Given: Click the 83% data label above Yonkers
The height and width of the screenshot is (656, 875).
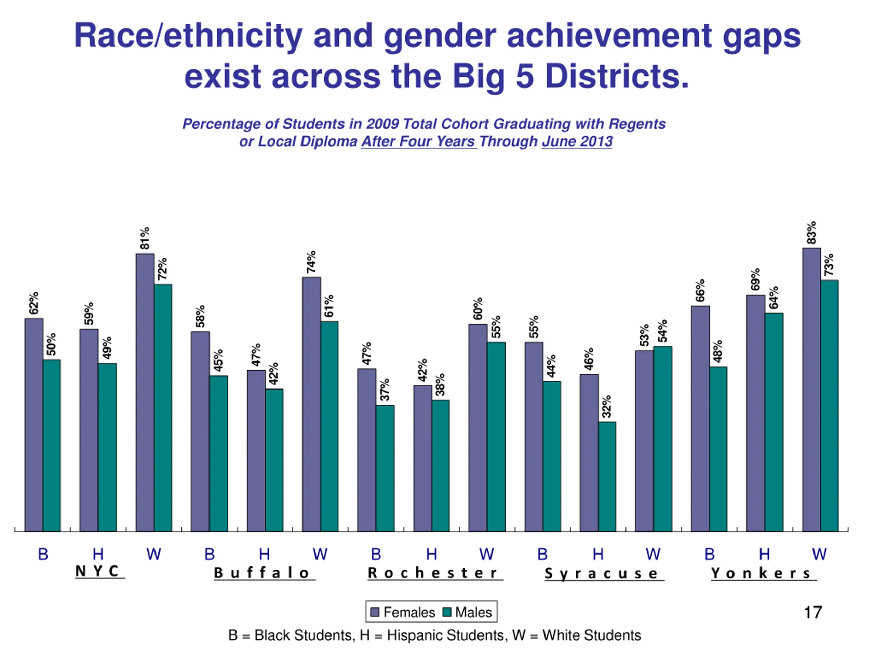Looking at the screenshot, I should [811, 233].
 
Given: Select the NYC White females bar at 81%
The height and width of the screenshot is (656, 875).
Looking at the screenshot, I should [145, 392].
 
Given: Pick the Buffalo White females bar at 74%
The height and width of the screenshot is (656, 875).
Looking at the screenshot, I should [311, 403].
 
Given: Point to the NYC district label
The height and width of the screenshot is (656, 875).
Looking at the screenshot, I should [97, 571].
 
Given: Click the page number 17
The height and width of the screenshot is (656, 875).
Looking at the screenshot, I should [813, 613].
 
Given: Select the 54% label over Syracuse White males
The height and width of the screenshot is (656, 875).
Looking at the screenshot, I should [662, 331].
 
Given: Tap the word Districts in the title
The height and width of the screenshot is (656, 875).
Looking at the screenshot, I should [617, 76].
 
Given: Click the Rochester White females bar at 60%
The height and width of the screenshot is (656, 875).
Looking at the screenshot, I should [477, 427].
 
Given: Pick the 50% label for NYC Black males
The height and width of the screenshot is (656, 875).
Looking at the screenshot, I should [51, 344].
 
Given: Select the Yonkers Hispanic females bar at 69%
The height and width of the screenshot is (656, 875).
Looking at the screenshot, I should [755, 412].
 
